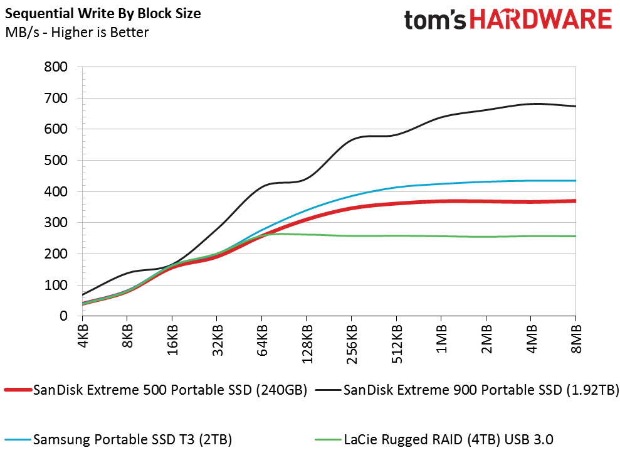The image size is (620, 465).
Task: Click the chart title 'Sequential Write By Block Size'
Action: point(103,13)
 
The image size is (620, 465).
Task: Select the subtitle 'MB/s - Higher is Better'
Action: point(77,32)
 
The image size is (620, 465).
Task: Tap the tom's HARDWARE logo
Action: point(508,19)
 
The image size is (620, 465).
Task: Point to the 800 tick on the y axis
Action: point(56,67)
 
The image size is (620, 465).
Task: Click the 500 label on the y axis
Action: point(56,160)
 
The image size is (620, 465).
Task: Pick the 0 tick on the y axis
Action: point(63,316)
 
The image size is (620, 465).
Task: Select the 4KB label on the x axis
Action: point(83,336)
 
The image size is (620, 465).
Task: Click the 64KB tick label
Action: point(262,340)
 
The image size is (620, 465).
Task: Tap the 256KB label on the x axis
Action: point(352,344)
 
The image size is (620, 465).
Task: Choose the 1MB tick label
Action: point(441,338)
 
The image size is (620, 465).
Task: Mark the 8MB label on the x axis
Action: point(576,338)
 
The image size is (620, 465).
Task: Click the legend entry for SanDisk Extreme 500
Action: point(156,390)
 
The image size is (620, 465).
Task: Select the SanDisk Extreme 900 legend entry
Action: point(467,390)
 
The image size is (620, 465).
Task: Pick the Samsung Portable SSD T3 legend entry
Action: point(118,439)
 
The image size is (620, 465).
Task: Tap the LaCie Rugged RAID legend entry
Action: point(434,439)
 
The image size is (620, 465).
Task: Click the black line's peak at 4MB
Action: point(530,104)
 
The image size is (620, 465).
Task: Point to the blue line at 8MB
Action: point(575,181)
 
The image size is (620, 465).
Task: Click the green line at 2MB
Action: point(486,237)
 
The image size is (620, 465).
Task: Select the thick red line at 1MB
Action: point(441,202)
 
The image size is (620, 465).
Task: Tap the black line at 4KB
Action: point(83,295)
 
